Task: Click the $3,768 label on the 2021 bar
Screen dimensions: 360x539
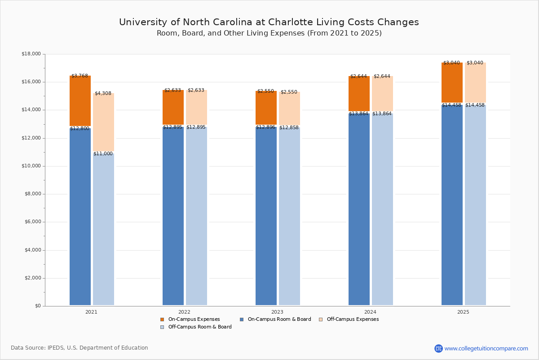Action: coord(80,76)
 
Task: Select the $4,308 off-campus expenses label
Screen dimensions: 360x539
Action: coord(103,94)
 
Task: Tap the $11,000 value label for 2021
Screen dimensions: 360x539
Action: coord(103,154)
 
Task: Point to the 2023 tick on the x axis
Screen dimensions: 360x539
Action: coord(277,312)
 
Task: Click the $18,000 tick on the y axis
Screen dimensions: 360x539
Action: coord(31,54)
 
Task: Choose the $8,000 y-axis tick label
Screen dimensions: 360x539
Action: coord(32,194)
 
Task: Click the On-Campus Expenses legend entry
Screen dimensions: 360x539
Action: coord(190,319)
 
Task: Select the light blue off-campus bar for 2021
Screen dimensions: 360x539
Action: coord(103,229)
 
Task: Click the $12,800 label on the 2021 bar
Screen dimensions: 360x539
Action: coord(80,129)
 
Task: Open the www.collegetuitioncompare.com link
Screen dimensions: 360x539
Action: coord(486,348)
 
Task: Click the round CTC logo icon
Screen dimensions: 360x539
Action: coord(438,348)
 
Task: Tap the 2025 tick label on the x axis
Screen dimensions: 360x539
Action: coord(463,312)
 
